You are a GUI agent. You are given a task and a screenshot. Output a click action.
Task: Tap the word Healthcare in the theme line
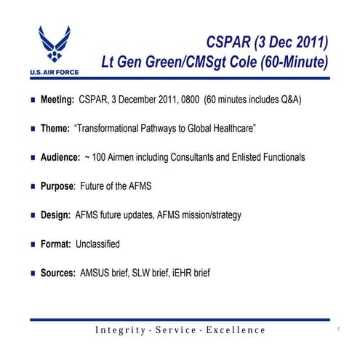pyautogui.click(x=232, y=128)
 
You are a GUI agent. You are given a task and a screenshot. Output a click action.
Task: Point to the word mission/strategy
pyautogui.click(x=210, y=215)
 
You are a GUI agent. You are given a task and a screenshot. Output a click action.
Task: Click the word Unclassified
pyautogui.click(x=97, y=244)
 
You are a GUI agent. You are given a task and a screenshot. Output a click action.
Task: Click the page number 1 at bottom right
pyautogui.click(x=339, y=329)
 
